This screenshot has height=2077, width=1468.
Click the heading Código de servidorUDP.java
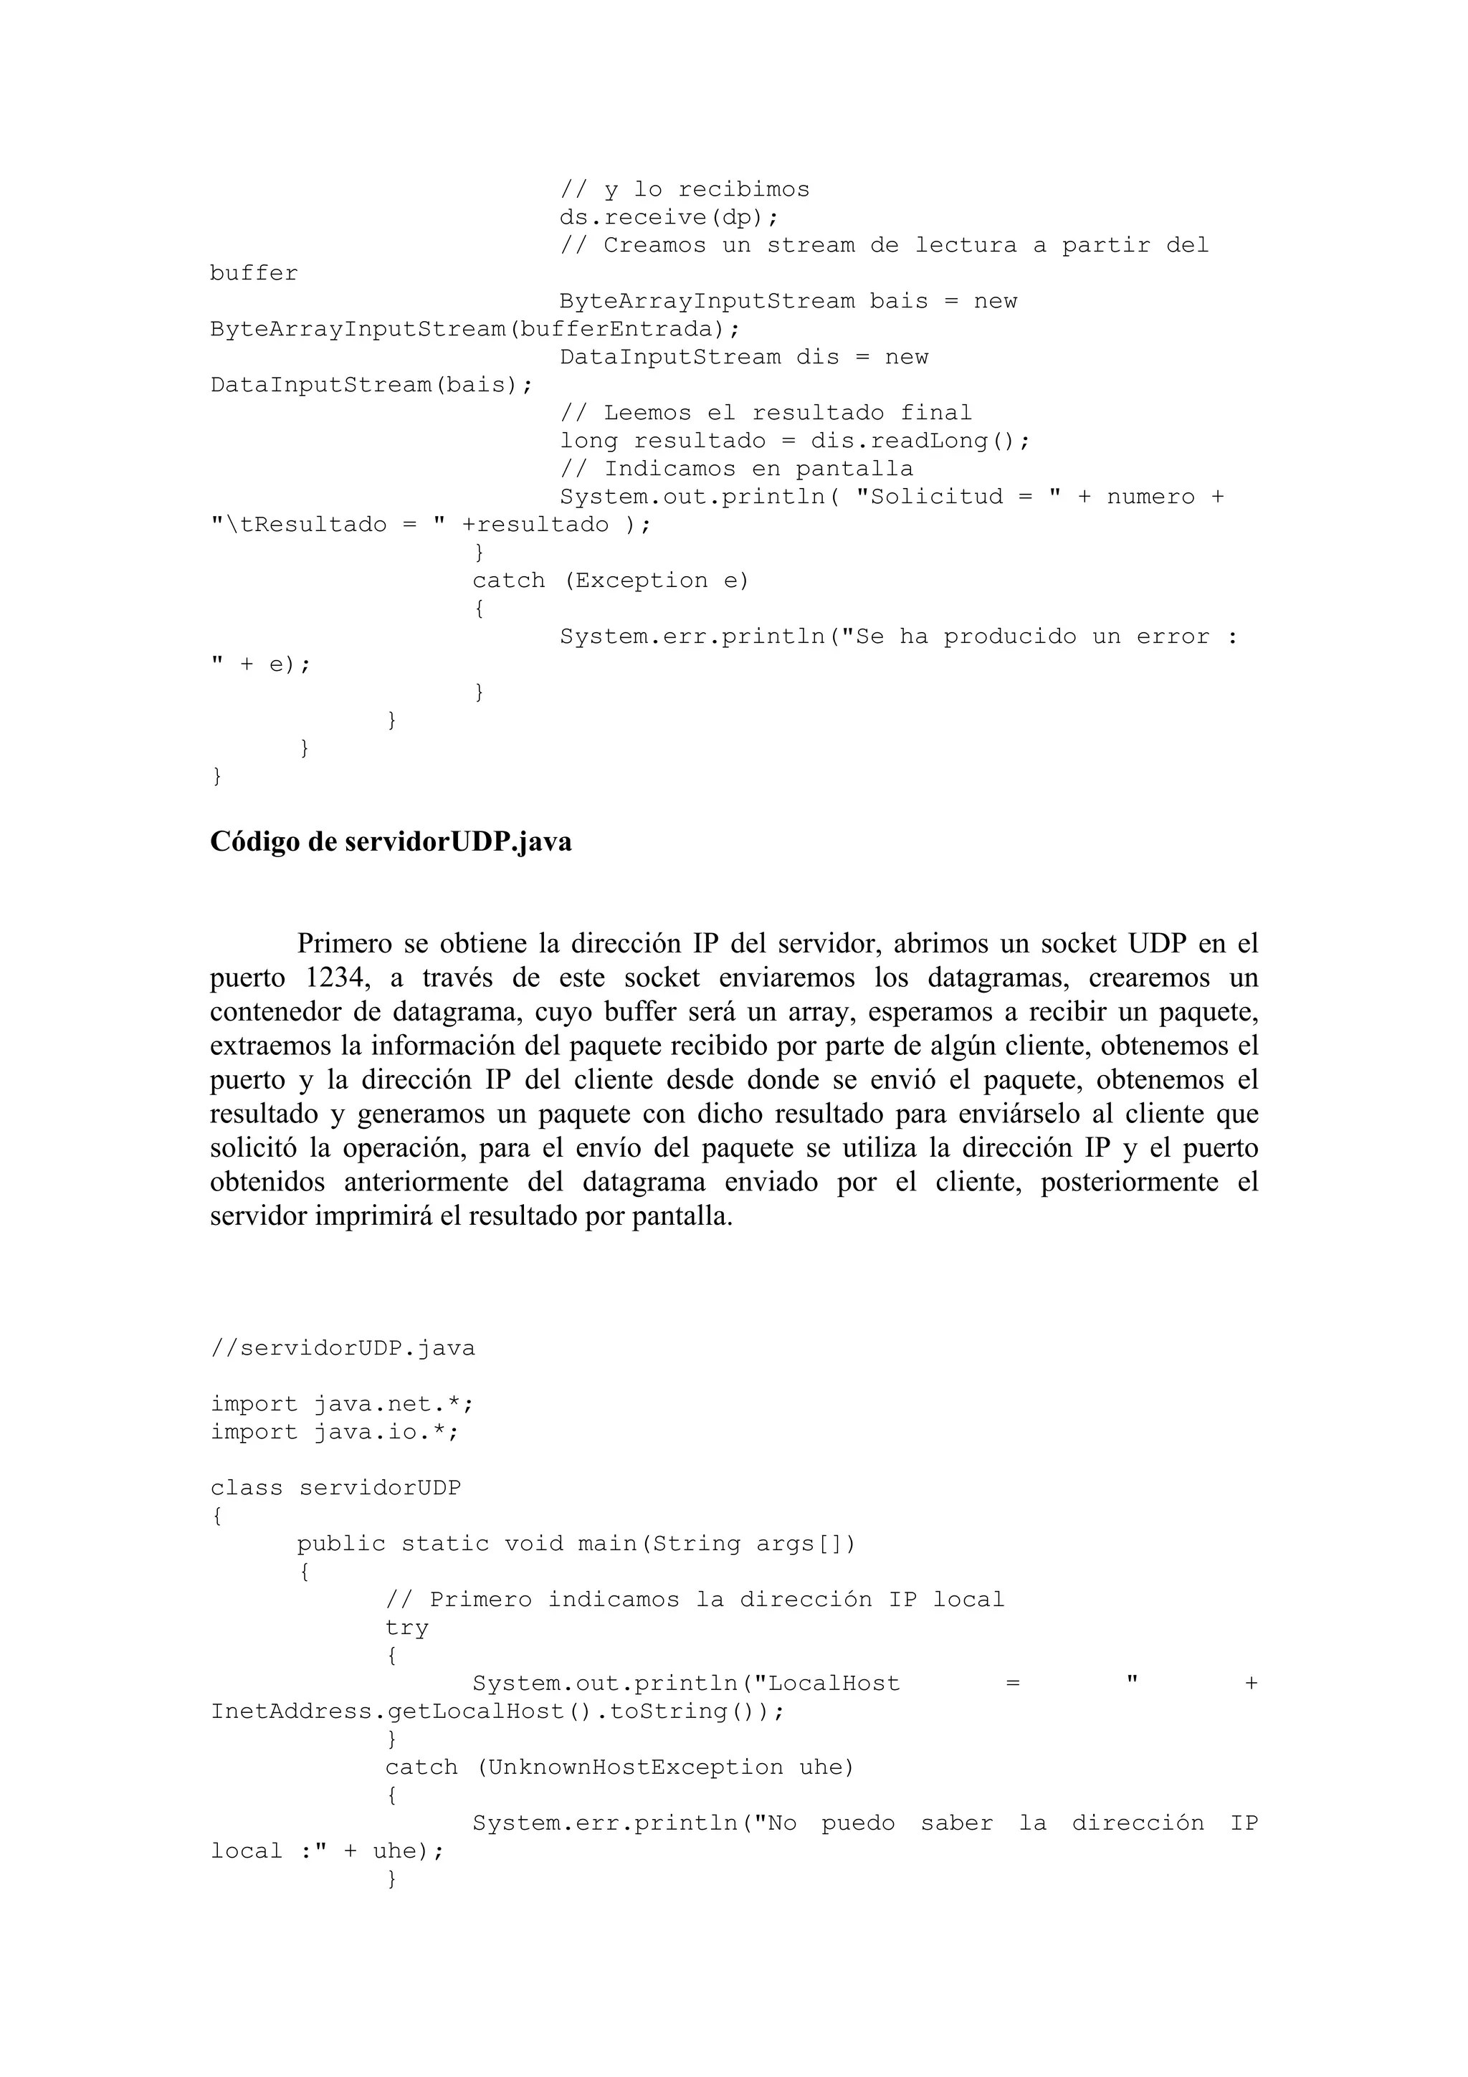(390, 842)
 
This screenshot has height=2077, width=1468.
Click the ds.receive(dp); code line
(669, 218)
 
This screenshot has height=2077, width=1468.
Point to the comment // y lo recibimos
(684, 190)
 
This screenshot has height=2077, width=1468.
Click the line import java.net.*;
(342, 1405)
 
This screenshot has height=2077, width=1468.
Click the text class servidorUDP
(335, 1488)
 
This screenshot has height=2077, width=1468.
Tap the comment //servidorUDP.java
(342, 1349)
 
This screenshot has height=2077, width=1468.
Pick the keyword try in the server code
(406, 1628)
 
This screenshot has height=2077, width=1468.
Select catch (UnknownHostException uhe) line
(619, 1767)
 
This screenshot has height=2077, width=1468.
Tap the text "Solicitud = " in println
(964, 497)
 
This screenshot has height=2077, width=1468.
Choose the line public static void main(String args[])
(576, 1544)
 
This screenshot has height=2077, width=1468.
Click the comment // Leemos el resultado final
(766, 414)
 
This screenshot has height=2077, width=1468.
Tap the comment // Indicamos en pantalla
(735, 469)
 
